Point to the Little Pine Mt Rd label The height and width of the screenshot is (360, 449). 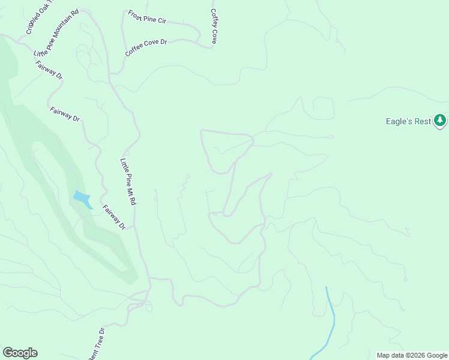(128, 182)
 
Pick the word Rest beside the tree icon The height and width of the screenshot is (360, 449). (423, 121)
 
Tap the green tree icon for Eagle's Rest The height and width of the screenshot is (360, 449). (441, 121)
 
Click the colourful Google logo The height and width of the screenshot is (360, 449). (20, 353)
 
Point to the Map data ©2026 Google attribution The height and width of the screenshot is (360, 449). (412, 355)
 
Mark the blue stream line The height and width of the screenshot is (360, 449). (331, 318)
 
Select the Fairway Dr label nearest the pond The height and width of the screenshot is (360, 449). (113, 218)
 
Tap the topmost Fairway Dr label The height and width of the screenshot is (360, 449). (49, 70)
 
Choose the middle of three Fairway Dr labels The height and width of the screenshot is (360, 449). (65, 114)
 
